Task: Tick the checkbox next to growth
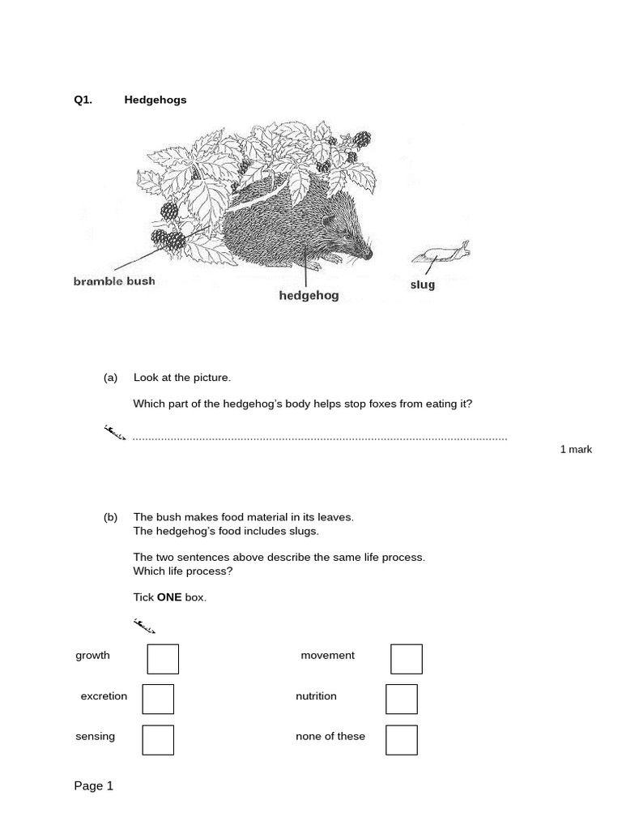pyautogui.click(x=163, y=659)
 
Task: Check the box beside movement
pyautogui.click(x=407, y=659)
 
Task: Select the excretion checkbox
pyautogui.click(x=158, y=700)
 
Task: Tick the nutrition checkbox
pyautogui.click(x=402, y=700)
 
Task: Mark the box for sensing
pyautogui.click(x=158, y=739)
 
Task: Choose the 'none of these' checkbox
pyautogui.click(x=402, y=739)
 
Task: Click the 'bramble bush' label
pyautogui.click(x=114, y=281)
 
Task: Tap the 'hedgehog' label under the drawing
pyautogui.click(x=309, y=296)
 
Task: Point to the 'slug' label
pyautogui.click(x=423, y=285)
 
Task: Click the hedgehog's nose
pyautogui.click(x=369, y=254)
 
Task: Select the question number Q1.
pyautogui.click(x=83, y=100)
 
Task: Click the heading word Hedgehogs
pyautogui.click(x=155, y=100)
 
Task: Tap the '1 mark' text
pyautogui.click(x=576, y=449)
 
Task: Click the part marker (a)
pyautogui.click(x=110, y=378)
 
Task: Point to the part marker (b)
pyautogui.click(x=110, y=517)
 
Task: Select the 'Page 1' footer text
pyautogui.click(x=94, y=785)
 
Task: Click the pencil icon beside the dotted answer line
pyautogui.click(x=116, y=432)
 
